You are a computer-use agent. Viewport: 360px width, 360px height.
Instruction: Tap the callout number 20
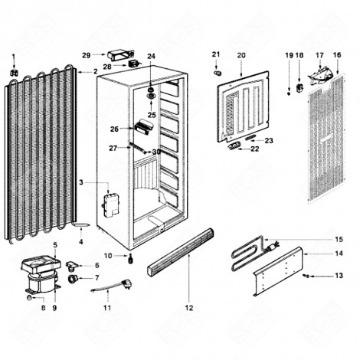pos(241,55)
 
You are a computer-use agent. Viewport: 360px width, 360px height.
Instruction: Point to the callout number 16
pos(337,55)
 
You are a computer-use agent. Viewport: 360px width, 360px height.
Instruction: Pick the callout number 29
pos(87,54)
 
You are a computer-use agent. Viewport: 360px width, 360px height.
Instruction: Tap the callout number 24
pos(151,56)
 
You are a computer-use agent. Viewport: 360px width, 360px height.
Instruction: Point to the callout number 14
pos(339,252)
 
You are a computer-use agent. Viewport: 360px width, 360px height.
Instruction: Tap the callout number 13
pos(339,275)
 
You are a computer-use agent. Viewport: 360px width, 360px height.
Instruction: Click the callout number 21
pos(216,54)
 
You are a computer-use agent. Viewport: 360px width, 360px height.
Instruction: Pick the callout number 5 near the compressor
pos(55,244)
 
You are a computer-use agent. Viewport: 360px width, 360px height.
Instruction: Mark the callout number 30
pos(156,152)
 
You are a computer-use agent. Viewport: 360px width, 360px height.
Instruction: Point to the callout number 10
pos(109,254)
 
